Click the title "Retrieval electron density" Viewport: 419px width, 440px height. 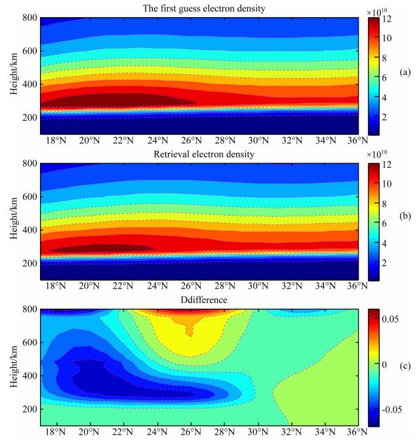pos(199,155)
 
